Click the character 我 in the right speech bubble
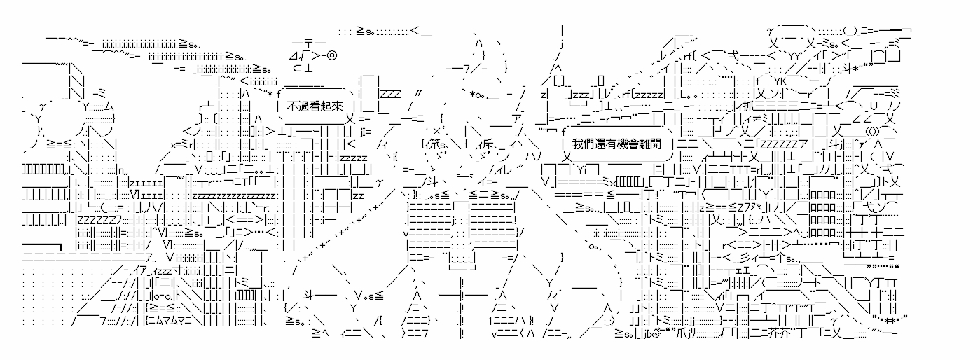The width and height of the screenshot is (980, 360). tap(577, 144)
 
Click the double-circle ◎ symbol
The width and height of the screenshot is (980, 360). tap(333, 55)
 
